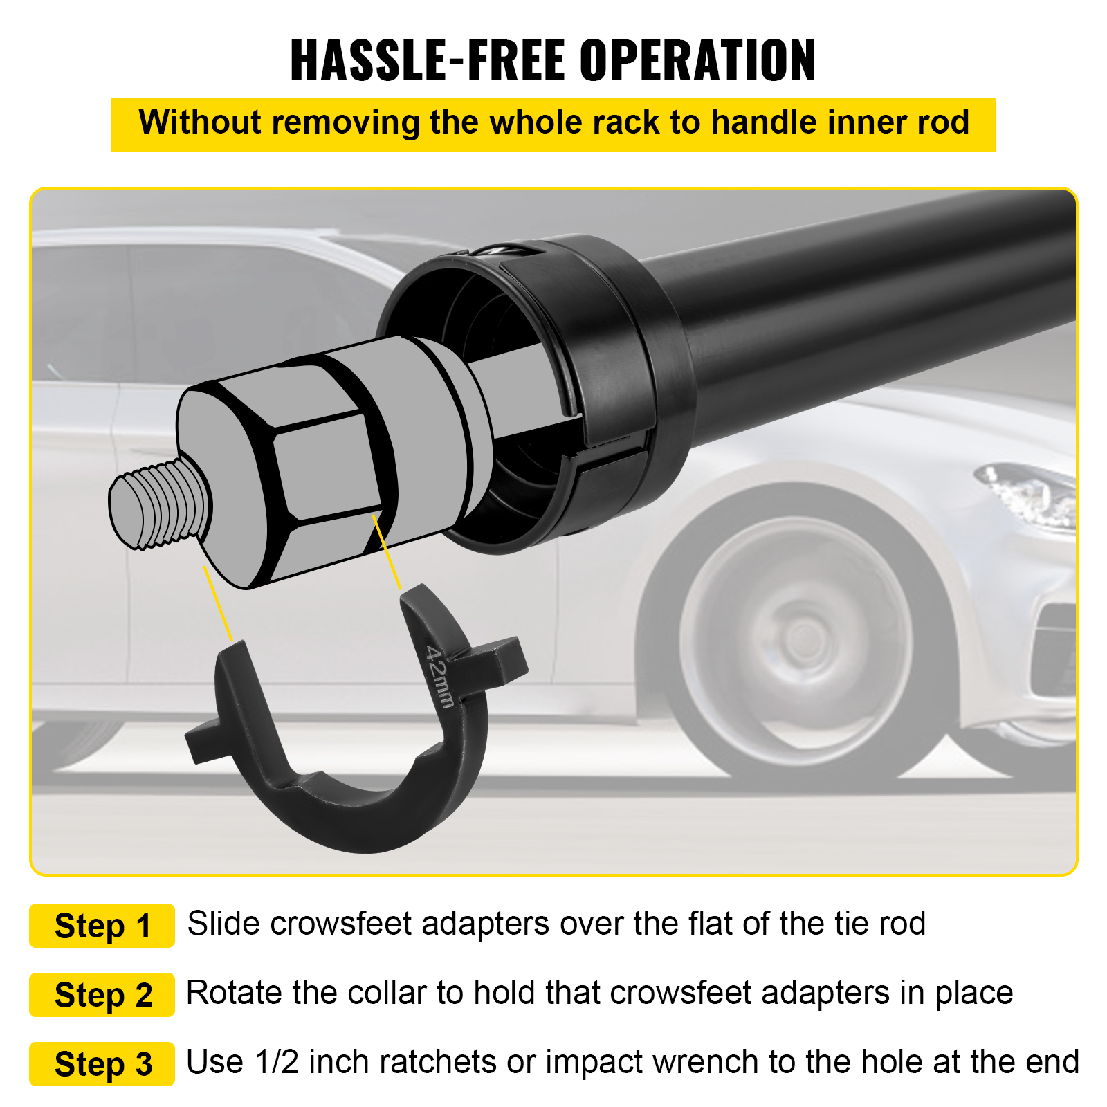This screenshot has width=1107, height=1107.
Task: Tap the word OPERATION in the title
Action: pos(698,60)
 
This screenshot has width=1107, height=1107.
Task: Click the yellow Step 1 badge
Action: pos(102,926)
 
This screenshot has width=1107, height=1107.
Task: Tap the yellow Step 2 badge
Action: pos(102,995)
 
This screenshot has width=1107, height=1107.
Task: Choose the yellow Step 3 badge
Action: pos(102,1064)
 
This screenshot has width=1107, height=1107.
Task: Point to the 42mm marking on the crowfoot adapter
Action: pos(440,677)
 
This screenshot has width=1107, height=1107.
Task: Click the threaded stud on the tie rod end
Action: pos(160,504)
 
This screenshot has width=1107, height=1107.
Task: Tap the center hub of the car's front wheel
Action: pos(805,634)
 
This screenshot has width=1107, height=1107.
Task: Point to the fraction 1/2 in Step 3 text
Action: pos(277,1062)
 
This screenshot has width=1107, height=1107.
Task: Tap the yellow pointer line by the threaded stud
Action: pos(218,603)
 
